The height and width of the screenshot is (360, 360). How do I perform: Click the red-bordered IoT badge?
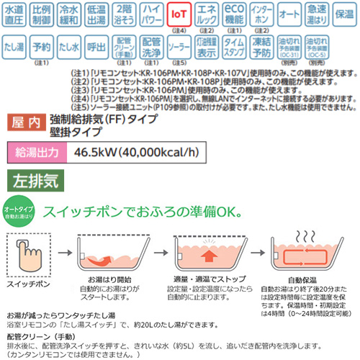pyautogui.click(x=179, y=15)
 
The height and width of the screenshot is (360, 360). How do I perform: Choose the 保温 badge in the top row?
pyautogui.click(x=344, y=15)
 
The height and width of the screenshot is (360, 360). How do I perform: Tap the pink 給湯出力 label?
pyautogui.click(x=36, y=152)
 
